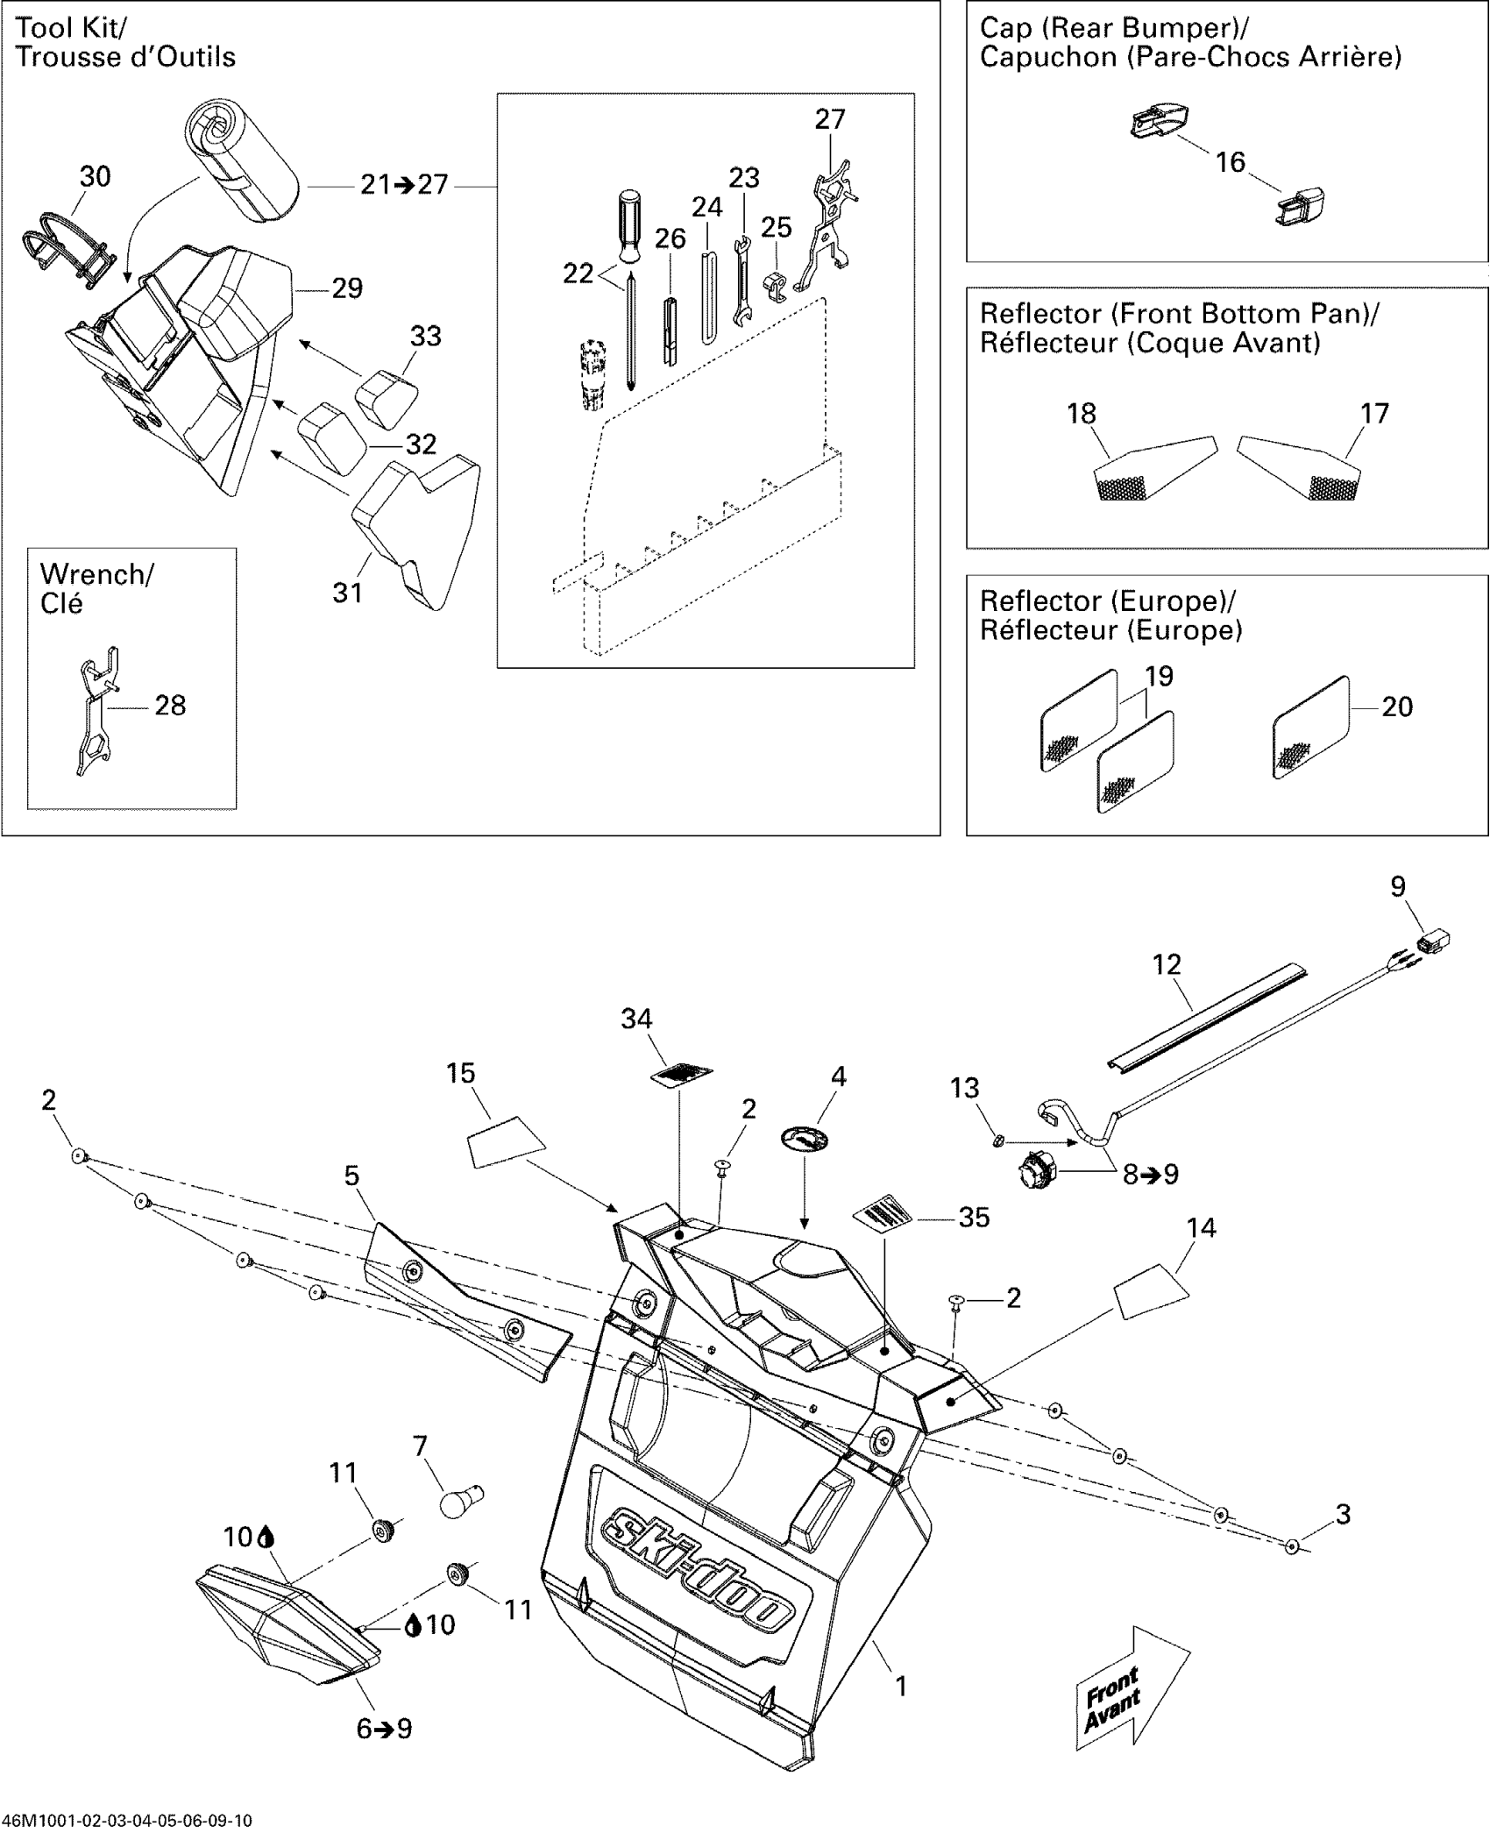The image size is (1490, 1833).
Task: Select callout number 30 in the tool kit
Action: click(96, 176)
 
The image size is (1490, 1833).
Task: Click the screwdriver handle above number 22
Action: click(628, 225)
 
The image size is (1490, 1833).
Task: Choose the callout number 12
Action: click(1167, 964)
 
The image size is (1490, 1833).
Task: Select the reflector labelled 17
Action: click(1299, 468)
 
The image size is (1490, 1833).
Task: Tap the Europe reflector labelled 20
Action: click(1310, 728)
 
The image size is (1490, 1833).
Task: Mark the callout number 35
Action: click(975, 1217)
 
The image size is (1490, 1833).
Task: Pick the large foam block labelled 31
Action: click(417, 532)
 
